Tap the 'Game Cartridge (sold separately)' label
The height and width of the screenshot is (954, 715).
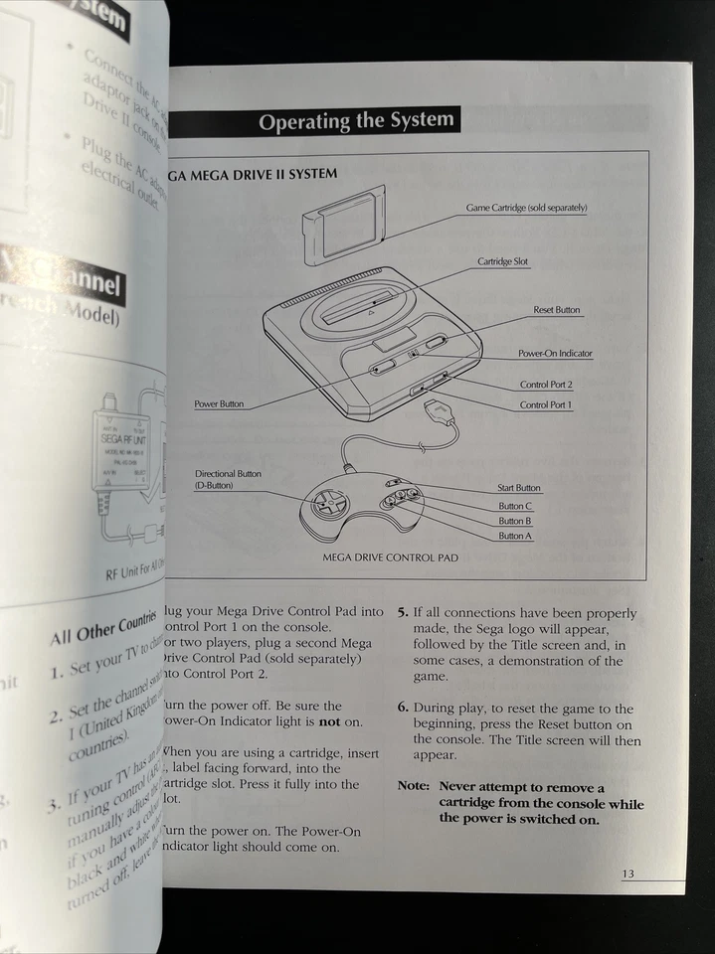tap(526, 208)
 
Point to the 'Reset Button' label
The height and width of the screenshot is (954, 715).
tap(556, 310)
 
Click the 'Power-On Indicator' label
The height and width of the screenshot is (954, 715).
tap(555, 354)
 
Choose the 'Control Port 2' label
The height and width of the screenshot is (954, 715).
tap(546, 385)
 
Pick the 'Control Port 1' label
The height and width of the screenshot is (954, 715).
tap(546, 405)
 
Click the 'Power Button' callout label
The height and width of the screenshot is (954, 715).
tap(219, 404)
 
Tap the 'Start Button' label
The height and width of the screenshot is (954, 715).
tap(519, 488)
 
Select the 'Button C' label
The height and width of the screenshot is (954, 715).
tap(515, 506)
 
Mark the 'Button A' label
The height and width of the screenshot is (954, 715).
tap(515, 536)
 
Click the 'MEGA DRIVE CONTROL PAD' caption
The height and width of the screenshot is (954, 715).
tap(390, 558)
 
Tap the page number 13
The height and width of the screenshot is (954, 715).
tap(627, 874)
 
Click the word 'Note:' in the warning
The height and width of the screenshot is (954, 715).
tap(413, 785)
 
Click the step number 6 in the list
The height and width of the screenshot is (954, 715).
tap(403, 709)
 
